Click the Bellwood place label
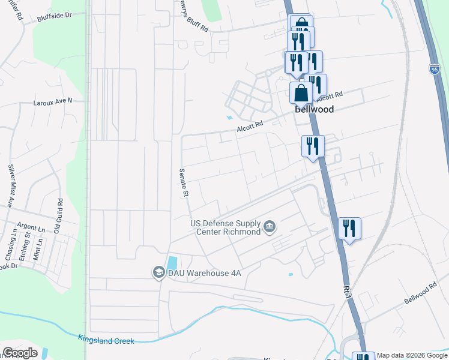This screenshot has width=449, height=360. (313, 110)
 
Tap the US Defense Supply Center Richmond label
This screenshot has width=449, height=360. (225, 227)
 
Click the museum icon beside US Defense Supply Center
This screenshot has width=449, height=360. (269, 227)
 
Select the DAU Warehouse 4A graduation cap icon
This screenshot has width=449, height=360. (158, 272)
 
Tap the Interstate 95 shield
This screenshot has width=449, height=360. (434, 69)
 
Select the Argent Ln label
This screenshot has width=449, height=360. (31, 229)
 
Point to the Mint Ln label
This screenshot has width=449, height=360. (39, 248)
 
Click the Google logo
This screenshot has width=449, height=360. (20, 353)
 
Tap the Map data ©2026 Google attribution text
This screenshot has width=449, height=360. (411, 355)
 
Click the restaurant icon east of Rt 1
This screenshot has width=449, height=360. (349, 229)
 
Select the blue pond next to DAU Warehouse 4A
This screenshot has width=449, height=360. (172, 263)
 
